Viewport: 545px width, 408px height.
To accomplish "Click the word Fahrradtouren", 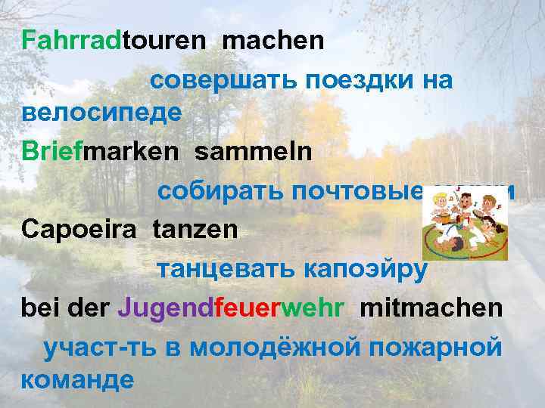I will click(114, 40).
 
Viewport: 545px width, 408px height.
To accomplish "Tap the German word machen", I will click(273, 40).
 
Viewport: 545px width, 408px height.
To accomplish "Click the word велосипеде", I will click(101, 113).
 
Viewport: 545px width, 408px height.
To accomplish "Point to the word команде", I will click(78, 379).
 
